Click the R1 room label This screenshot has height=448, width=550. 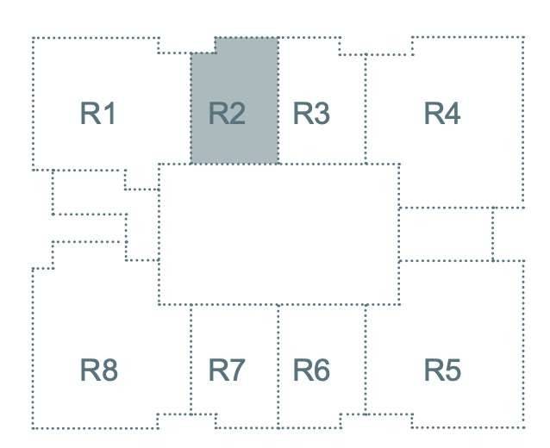coord(97,113)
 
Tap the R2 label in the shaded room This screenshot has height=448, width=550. coord(227,113)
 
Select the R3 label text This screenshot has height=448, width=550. coord(311,113)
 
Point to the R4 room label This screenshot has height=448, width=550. coord(442,113)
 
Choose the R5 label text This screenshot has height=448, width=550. coord(442,370)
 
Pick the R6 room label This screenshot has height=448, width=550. coord(311,370)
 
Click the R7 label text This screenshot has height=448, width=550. coord(227,370)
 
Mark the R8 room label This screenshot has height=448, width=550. coord(99,370)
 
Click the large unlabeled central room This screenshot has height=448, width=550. coord(279,234)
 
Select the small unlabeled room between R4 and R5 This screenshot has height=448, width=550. coord(447,234)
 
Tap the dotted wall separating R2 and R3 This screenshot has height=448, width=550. coord(278,100)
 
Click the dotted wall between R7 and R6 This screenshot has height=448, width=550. coord(278,366)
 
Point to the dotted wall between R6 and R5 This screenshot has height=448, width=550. coord(366,359)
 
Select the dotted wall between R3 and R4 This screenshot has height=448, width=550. coord(366,109)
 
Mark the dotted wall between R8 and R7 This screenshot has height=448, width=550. coord(191,359)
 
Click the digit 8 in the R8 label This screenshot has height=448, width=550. coord(109,370)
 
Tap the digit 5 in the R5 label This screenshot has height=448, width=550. coord(453,370)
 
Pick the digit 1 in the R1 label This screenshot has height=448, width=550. coord(109,113)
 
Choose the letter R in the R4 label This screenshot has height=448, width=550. coord(434,113)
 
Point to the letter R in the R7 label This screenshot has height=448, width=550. coord(218,370)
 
